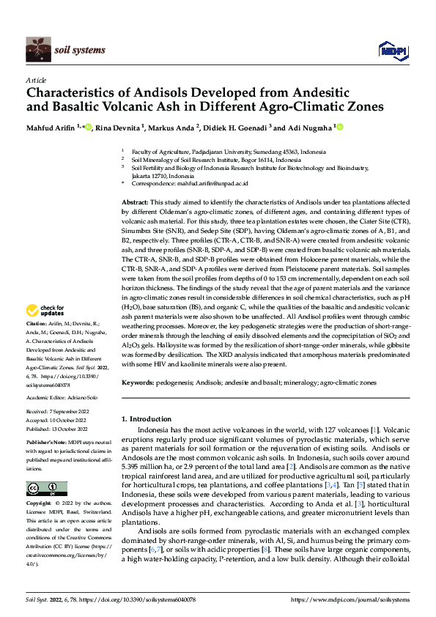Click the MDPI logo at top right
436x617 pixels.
point(392,49)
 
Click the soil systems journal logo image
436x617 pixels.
point(38,50)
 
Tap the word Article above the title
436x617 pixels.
point(36,79)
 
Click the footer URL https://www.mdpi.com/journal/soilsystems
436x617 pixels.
point(352,600)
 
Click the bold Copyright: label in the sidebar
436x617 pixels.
point(38,504)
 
